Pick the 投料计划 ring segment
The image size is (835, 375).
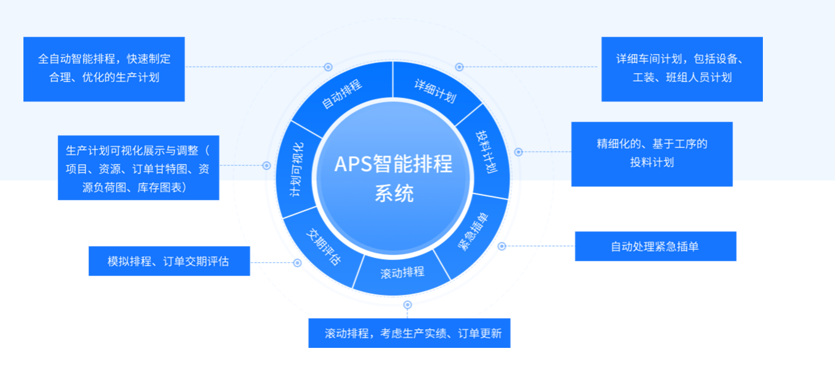pos(487,151)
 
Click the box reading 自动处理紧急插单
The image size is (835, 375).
pos(655,246)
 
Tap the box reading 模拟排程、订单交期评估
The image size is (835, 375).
pos(169,261)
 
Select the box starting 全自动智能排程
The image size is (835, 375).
pos(104,69)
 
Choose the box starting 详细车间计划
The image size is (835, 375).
pos(682,69)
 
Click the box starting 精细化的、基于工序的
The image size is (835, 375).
pos(651,154)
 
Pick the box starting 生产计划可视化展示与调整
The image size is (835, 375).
pos(138,167)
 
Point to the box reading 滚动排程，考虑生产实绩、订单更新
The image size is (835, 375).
pos(409,333)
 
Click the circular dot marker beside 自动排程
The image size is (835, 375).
pos(328,67)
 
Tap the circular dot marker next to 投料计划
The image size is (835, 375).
pos(518,151)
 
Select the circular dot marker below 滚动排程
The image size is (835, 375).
pos(407,304)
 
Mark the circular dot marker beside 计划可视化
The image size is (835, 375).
pos(267,166)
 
